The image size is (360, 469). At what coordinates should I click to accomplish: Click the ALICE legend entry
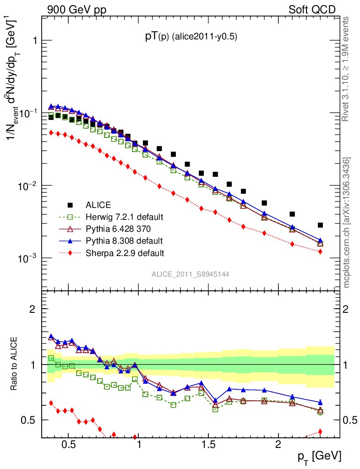point(98,205)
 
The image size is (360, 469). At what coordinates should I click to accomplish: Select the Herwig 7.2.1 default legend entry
point(124,217)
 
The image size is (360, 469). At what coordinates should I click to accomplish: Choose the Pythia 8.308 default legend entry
point(124,240)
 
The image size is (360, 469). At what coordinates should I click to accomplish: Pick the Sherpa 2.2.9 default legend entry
point(124,252)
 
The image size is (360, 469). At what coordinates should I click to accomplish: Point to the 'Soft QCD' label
point(312,10)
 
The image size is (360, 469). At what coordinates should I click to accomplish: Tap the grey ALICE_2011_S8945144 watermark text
point(191,274)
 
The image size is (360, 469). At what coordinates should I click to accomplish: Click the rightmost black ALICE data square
point(320,225)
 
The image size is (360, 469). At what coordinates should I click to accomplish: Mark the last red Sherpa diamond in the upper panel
point(320,251)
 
